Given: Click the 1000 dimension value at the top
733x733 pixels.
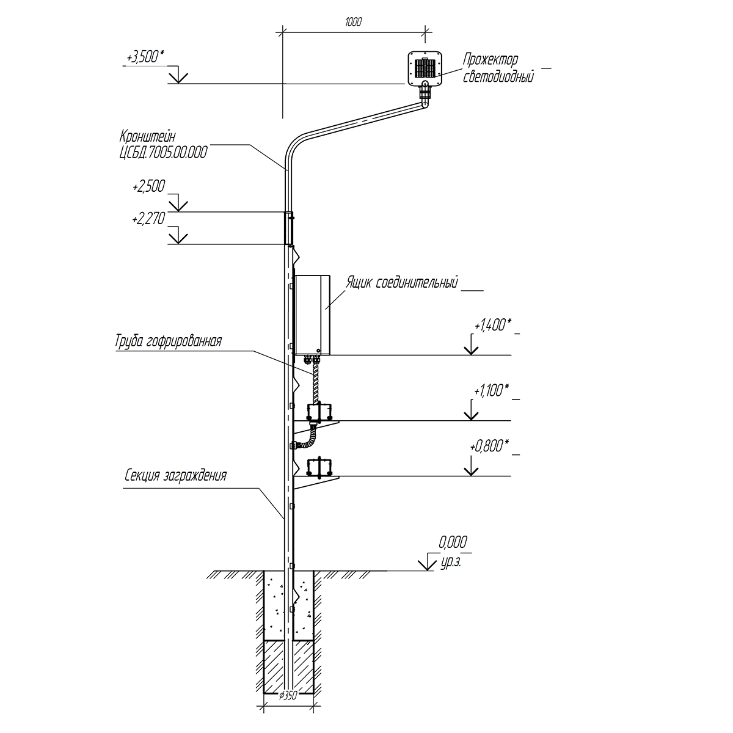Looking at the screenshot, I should click(x=353, y=23).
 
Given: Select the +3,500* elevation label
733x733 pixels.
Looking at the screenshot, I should click(x=145, y=57).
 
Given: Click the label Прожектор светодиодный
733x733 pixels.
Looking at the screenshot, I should click(x=492, y=68).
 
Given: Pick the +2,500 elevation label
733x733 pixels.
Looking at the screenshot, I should click(x=148, y=187).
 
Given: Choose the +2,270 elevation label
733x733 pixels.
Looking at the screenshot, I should click(x=148, y=219).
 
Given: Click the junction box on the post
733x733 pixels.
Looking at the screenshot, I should click(x=312, y=315).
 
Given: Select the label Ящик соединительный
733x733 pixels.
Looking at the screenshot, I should click(x=402, y=283).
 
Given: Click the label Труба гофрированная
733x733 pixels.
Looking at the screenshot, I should click(x=167, y=341).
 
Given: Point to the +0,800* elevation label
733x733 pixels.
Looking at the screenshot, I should click(x=490, y=446).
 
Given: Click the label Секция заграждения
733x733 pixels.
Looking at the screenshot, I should click(x=176, y=476).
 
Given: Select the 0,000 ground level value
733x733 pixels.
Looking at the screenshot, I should click(x=453, y=541).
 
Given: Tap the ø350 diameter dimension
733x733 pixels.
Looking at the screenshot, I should click(x=288, y=696).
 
